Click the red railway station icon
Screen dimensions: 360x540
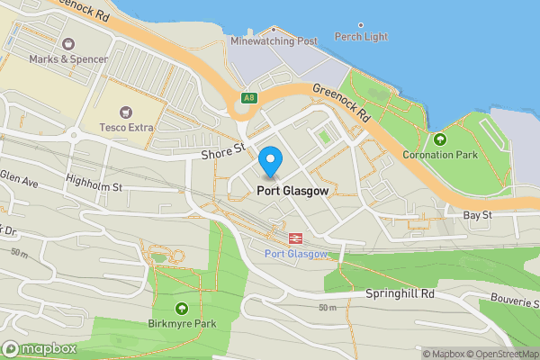[293, 238]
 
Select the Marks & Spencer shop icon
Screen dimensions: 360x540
[68, 43]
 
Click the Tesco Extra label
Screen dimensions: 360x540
[126, 128]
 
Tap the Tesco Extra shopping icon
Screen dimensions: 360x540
[126, 112]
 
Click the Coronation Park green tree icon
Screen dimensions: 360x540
[440, 139]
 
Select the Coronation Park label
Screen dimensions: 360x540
[439, 155]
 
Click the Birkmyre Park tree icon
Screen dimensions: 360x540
[183, 308]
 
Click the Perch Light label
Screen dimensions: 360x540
[361, 37]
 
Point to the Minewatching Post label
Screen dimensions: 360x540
[274, 41]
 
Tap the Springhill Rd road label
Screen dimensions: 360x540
[400, 293]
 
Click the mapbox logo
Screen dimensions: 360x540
[39, 348]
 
